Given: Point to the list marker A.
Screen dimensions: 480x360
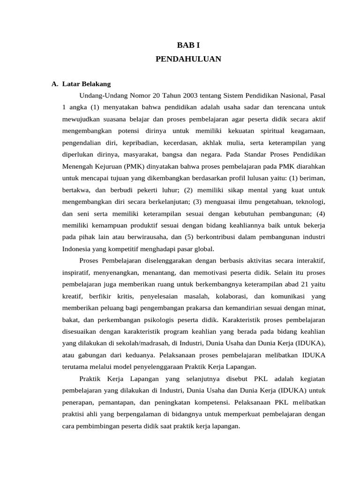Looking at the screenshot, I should coord(55,84).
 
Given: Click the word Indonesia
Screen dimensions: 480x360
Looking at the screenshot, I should coord(77,249).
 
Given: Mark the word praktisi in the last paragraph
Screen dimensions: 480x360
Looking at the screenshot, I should coord(75,414).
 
